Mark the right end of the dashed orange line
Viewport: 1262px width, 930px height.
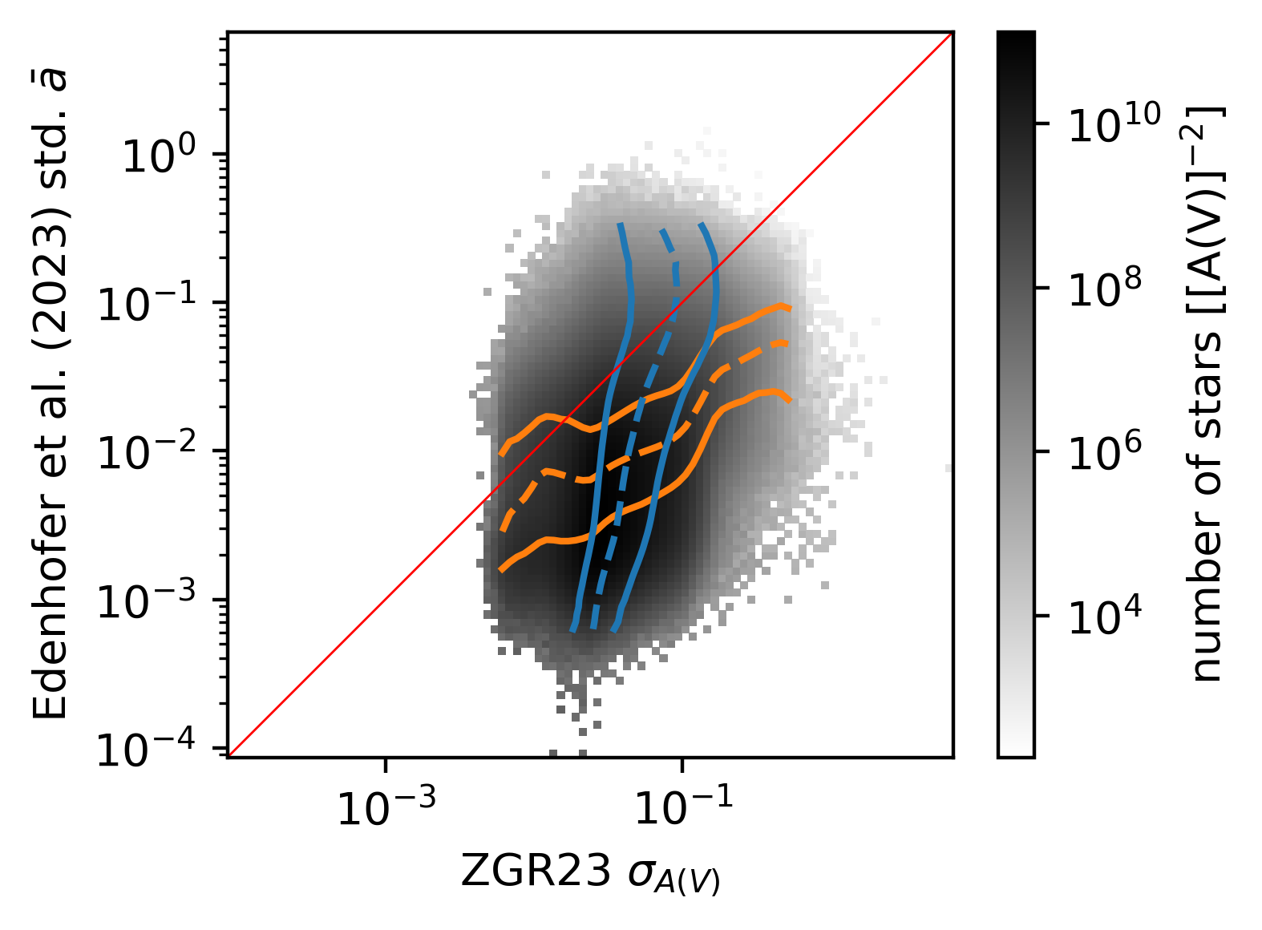(x=788, y=342)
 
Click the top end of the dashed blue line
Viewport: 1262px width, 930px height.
(x=661, y=231)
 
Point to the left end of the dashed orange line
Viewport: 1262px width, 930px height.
(x=502, y=530)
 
